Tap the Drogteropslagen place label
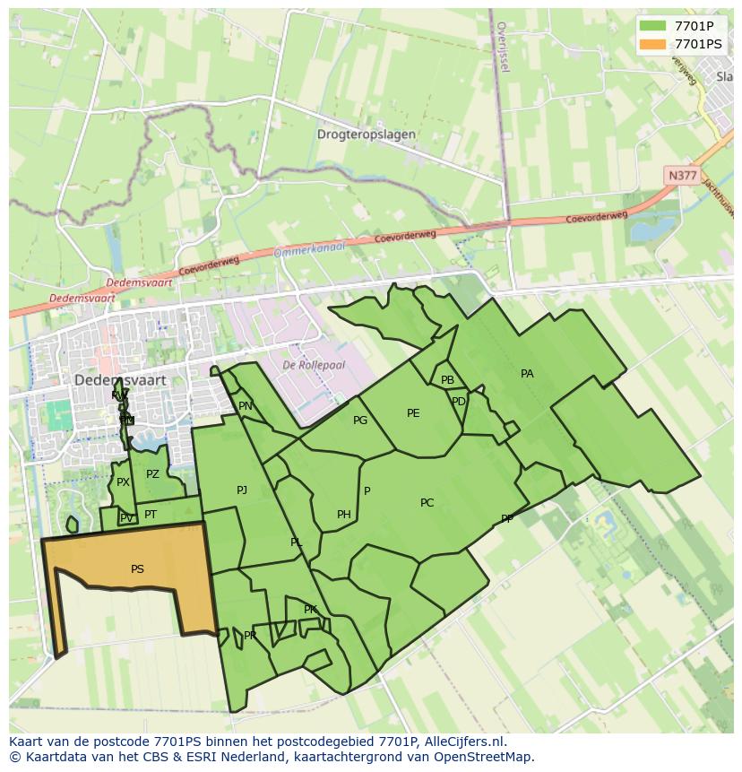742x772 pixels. [x=366, y=134]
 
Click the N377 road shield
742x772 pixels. [x=682, y=176]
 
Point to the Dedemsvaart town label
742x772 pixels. [x=120, y=379]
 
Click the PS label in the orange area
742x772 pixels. [x=137, y=569]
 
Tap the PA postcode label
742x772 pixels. [x=527, y=374]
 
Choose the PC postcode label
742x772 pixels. [x=427, y=503]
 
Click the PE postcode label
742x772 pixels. [x=413, y=413]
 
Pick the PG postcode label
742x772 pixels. [x=360, y=421]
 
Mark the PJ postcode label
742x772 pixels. [x=242, y=490]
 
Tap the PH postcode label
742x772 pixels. [x=344, y=515]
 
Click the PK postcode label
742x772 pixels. [x=310, y=610]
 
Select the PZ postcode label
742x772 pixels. [x=152, y=474]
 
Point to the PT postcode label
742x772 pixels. [x=151, y=515]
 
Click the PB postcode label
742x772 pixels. [x=447, y=380]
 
